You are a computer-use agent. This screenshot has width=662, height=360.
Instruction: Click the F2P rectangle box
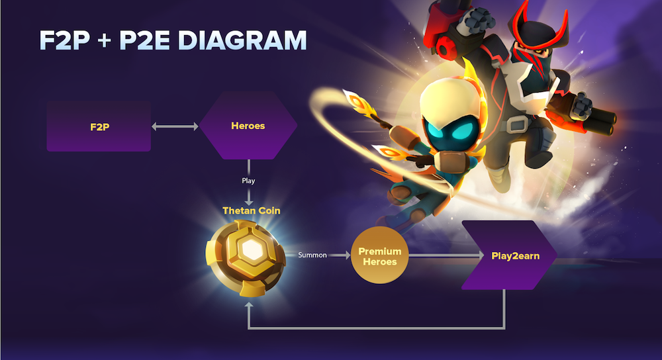click(x=99, y=126)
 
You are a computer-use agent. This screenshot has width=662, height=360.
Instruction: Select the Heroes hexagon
click(x=248, y=126)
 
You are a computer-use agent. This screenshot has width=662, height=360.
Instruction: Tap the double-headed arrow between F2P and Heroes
click(x=175, y=126)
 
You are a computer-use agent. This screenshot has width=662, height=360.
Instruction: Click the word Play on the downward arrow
click(x=248, y=181)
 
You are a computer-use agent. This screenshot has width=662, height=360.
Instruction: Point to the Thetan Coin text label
click(x=251, y=210)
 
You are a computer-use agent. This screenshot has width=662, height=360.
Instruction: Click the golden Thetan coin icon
click(x=246, y=257)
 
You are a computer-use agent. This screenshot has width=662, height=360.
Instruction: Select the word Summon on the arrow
click(x=312, y=255)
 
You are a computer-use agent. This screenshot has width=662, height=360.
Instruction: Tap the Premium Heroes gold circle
click(x=380, y=255)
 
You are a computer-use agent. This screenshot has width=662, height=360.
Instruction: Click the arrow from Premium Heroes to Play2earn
click(x=446, y=255)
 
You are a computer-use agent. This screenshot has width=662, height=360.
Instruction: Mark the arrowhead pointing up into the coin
click(x=249, y=304)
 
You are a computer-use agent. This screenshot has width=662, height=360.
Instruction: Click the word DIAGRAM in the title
click(x=242, y=40)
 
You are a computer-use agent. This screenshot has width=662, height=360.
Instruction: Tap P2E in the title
click(x=144, y=40)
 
